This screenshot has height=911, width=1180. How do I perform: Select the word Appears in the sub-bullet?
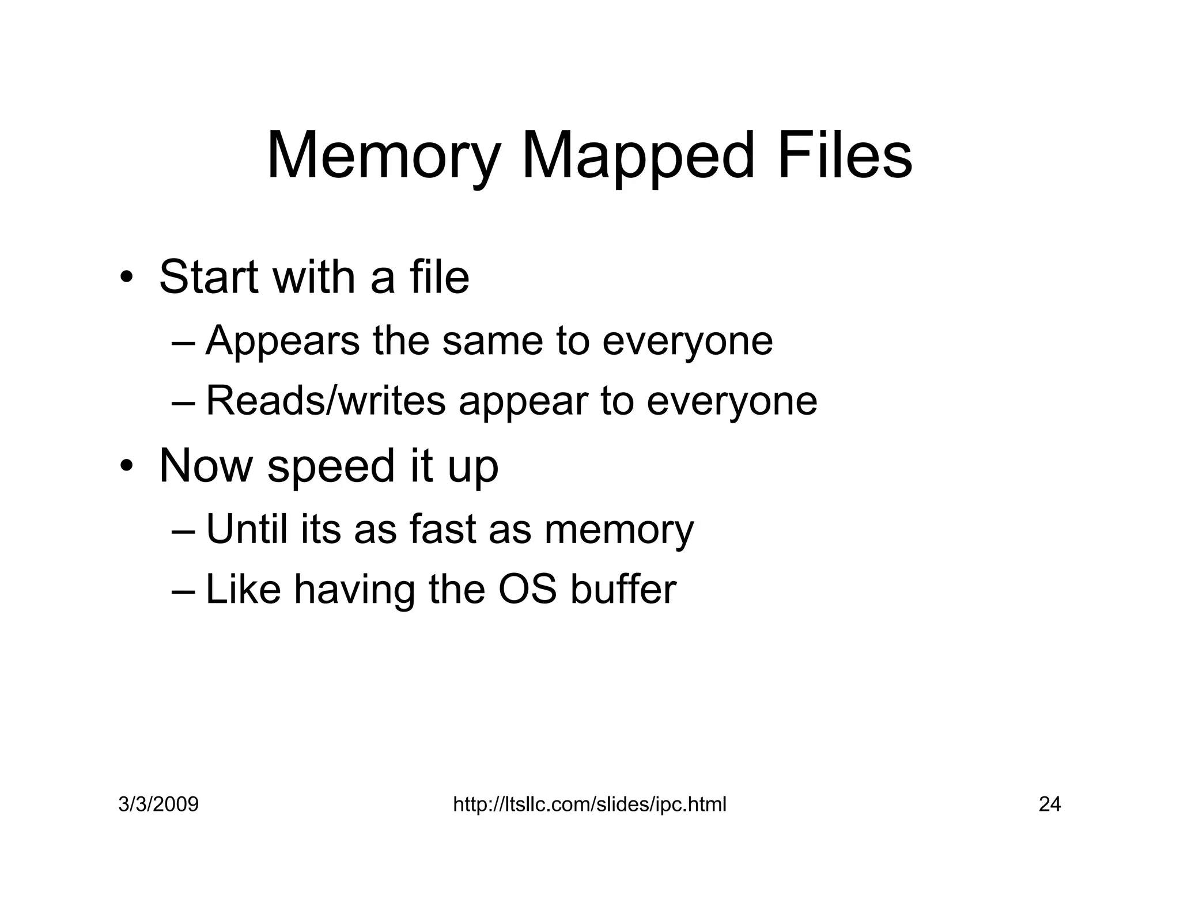(282, 341)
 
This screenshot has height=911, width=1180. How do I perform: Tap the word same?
(493, 341)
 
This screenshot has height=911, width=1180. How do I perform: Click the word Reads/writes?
(326, 401)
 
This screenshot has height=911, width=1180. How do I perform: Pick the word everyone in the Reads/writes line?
(732, 401)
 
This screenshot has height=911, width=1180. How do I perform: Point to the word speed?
(331, 467)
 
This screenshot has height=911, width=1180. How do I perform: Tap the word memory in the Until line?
(619, 530)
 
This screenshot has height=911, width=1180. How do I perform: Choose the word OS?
(527, 590)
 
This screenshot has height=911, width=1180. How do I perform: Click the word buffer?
(623, 590)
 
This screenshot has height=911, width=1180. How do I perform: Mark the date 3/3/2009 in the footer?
(158, 804)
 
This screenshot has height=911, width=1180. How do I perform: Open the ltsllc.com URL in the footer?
(589, 804)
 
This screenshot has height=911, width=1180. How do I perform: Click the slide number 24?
(1049, 804)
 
